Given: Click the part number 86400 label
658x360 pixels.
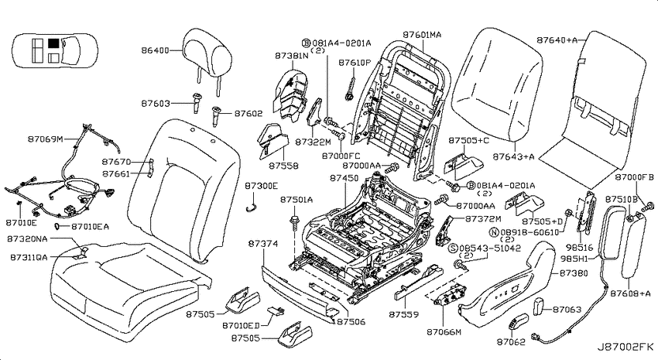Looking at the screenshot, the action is [x=155, y=51].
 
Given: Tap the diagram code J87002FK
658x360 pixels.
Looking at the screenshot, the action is [x=625, y=347].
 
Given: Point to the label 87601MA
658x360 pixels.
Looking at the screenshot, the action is [x=422, y=35].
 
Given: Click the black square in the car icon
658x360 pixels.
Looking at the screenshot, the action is [x=53, y=43].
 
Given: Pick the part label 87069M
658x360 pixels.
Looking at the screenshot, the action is [x=46, y=139].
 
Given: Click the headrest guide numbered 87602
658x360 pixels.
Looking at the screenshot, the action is [x=216, y=115].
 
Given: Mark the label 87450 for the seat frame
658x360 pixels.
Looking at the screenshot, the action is [x=344, y=178].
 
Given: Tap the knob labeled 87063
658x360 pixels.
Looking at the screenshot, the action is [x=539, y=307].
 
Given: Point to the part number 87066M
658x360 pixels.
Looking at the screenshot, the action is [x=444, y=332].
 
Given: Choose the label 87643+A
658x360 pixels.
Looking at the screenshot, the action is [x=513, y=157].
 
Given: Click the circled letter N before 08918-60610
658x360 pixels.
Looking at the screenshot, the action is [x=494, y=232].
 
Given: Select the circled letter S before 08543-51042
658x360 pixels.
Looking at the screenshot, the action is [x=453, y=249].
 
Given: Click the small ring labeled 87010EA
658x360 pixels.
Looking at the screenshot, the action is [x=57, y=227].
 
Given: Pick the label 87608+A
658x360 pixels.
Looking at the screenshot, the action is [x=630, y=293].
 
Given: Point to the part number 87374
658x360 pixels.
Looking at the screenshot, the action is [x=262, y=244].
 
